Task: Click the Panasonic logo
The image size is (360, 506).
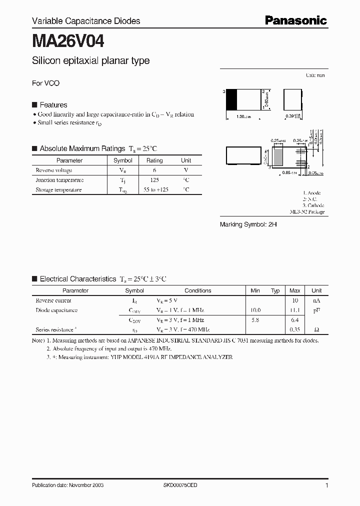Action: pyautogui.click(x=295, y=20)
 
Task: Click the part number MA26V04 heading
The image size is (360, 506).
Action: pyautogui.click(x=68, y=40)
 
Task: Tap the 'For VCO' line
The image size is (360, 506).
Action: pyautogui.click(x=45, y=83)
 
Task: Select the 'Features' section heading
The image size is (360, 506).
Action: pyautogui.click(x=53, y=105)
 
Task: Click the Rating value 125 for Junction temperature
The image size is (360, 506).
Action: pyautogui.click(x=154, y=180)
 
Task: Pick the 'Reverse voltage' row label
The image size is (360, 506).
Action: pyautogui.click(x=53, y=170)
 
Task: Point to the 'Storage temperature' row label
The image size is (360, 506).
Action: pyautogui.click(x=58, y=190)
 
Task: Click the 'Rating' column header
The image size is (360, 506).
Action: pyautogui.click(x=154, y=160)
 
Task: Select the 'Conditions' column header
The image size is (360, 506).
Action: pyautogui.click(x=198, y=290)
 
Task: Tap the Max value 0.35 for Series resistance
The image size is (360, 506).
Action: pyautogui.click(x=295, y=329)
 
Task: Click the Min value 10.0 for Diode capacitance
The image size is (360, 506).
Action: pyautogui.click(x=255, y=310)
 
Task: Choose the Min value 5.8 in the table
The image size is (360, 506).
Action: pyautogui.click(x=255, y=320)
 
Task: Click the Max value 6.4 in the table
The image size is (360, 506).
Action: pyautogui.click(x=295, y=320)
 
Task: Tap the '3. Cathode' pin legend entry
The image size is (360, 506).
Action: pyautogui.click(x=313, y=205)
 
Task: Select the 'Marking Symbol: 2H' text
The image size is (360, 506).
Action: pyautogui.click(x=248, y=225)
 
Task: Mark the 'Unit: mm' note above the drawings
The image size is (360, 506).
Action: pyautogui.click(x=315, y=75)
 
